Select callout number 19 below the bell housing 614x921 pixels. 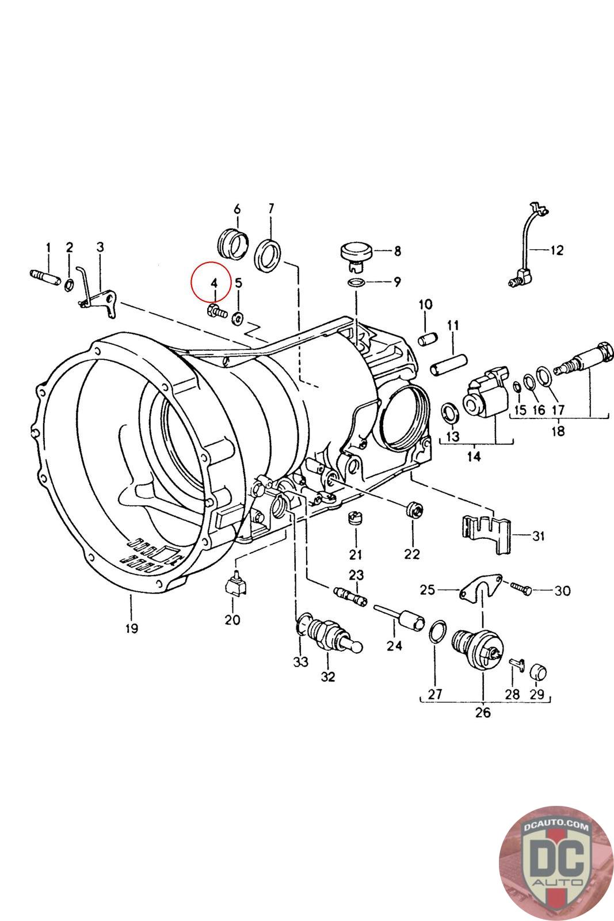132,628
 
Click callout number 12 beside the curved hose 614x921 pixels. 557,250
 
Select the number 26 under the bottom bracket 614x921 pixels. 483,713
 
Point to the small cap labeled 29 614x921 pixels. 538,671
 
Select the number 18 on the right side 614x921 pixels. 558,431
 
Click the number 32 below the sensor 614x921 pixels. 328,677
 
